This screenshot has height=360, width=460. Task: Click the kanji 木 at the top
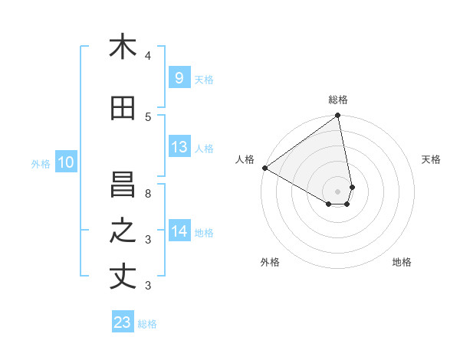pyautogui.click(x=123, y=47)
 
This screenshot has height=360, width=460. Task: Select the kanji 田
pyautogui.click(x=123, y=109)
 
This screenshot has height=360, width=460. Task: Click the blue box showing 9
pyautogui.click(x=179, y=77)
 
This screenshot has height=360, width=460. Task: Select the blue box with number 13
pyautogui.click(x=179, y=147)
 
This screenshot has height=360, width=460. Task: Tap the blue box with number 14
pyautogui.click(x=179, y=231)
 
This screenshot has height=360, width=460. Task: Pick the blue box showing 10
pyautogui.click(x=66, y=162)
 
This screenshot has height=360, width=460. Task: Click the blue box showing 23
pyautogui.click(x=123, y=322)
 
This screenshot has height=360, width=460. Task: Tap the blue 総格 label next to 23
pyautogui.click(x=148, y=324)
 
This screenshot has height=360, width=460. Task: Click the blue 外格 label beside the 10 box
pyautogui.click(x=41, y=163)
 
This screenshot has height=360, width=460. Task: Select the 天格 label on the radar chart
pyautogui.click(x=432, y=159)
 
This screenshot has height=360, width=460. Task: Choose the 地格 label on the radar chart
pyautogui.click(x=402, y=263)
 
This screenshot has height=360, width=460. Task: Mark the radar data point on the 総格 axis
pyautogui.click(x=338, y=116)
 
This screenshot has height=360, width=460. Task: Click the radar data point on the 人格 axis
pyautogui.click(x=264, y=168)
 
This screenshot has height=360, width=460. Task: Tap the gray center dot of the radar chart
pyautogui.click(x=338, y=191)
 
